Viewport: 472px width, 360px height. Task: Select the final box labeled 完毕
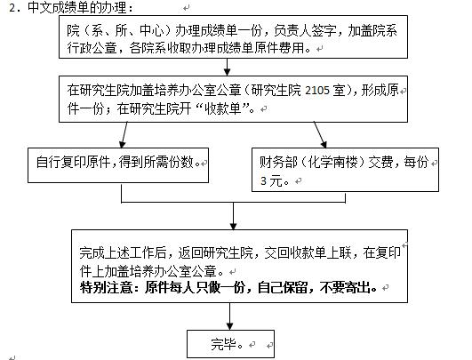(230, 344)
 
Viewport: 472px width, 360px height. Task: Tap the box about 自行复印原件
(118, 165)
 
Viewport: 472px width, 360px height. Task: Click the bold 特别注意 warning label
(106, 287)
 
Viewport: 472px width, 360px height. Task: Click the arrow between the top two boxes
(228, 67)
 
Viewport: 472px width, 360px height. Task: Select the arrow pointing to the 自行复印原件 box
(124, 135)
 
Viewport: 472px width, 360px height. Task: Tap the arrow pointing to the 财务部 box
(320, 135)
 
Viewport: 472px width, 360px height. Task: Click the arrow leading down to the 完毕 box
(230, 316)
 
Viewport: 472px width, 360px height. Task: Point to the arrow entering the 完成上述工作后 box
(233, 216)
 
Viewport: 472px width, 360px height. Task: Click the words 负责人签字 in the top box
(305, 31)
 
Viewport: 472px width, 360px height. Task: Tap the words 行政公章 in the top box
(92, 48)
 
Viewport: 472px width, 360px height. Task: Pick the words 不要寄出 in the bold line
(345, 287)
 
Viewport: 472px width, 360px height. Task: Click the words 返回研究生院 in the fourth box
(215, 252)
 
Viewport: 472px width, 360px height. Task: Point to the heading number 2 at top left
(12, 8)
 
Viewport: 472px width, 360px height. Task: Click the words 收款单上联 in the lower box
(320, 252)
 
